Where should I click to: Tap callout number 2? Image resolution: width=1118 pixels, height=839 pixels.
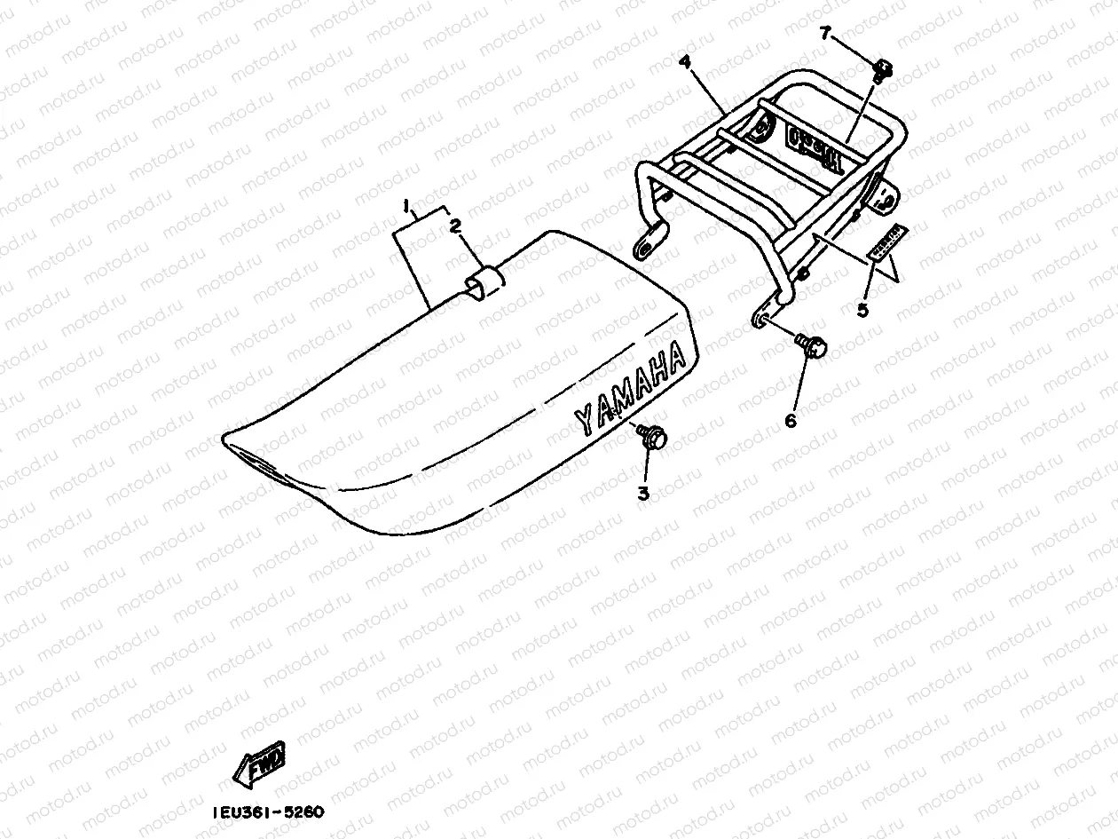point(454,227)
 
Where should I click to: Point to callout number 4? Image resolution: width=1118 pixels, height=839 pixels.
point(684,62)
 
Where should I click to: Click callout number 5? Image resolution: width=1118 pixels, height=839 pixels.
point(862,310)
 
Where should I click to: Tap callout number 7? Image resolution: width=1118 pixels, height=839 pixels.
point(825,35)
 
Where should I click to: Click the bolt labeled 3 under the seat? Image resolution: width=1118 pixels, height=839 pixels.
point(655,438)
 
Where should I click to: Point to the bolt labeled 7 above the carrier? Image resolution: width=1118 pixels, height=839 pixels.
point(883,68)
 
